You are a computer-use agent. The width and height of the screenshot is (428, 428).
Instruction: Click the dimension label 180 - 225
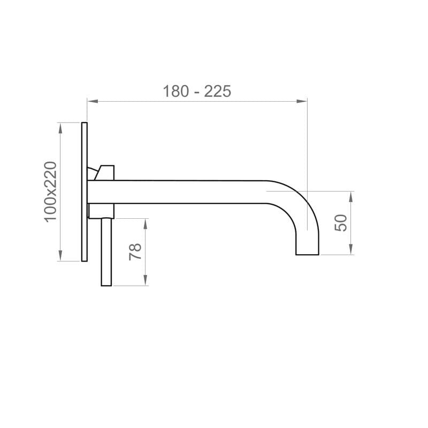tap(197, 91)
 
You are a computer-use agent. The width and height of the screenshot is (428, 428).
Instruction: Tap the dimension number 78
tap(135, 251)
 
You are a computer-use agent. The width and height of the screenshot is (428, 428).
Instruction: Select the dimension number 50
tap(341, 222)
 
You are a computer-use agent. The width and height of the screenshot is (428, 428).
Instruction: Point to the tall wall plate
tap(84, 192)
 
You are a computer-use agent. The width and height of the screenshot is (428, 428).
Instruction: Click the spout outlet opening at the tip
tap(308, 254)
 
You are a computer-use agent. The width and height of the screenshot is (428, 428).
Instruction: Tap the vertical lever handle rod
tap(106, 251)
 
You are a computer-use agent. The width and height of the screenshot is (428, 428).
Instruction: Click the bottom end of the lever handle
tap(106, 285)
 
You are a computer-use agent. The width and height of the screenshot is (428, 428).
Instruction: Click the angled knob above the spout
tap(105, 172)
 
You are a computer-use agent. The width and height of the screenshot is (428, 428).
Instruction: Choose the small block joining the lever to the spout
tap(101, 211)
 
